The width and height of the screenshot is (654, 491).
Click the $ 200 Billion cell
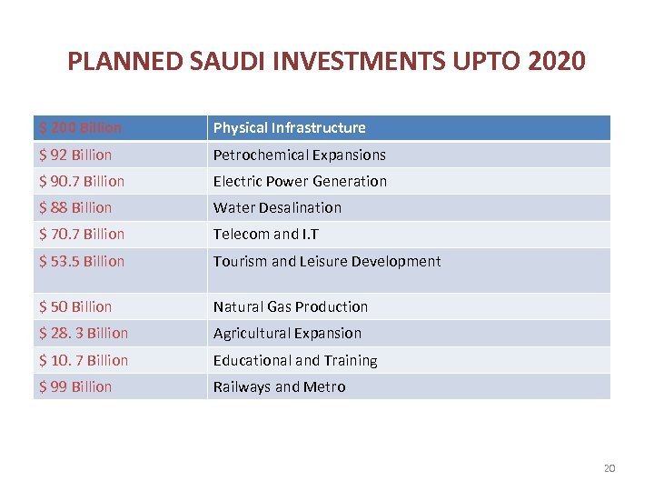pos(81,128)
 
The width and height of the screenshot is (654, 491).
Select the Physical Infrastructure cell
pos(289,128)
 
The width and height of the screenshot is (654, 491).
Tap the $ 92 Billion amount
pos(75,155)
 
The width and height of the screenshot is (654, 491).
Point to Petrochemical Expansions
pos(299,155)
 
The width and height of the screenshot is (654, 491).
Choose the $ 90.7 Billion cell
pos(82,181)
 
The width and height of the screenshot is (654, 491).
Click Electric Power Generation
pos(300,181)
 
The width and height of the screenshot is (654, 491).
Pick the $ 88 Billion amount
pos(75,207)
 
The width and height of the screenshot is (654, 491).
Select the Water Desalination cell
pos(277,207)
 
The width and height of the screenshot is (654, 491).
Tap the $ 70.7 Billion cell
pos(82,234)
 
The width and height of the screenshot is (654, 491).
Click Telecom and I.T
pos(266,234)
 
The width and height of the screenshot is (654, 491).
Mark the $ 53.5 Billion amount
pos(82,261)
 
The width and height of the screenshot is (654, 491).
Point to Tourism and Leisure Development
pos(326,261)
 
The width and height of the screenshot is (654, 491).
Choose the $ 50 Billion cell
pos(75,306)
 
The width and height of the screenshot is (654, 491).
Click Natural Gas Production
pos(290,306)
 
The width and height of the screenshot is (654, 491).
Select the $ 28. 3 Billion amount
pos(84,333)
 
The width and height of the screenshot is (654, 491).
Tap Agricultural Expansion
pos(287,333)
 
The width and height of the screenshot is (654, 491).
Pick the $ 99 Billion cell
pos(75,386)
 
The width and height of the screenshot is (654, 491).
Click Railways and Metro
pos(279,386)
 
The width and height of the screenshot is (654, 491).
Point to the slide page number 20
pos(609,468)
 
